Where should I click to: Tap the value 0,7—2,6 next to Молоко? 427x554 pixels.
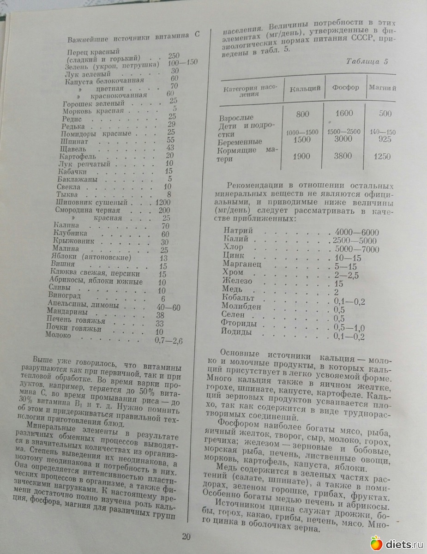169,341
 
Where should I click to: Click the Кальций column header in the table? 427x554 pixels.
305,88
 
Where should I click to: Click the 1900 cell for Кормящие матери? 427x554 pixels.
301,157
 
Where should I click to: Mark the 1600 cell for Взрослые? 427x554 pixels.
344,114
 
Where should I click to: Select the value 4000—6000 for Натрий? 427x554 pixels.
357,232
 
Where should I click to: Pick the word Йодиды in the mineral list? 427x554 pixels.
237,332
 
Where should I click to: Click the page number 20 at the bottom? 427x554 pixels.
186,536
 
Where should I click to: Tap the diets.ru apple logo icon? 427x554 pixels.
376,543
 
